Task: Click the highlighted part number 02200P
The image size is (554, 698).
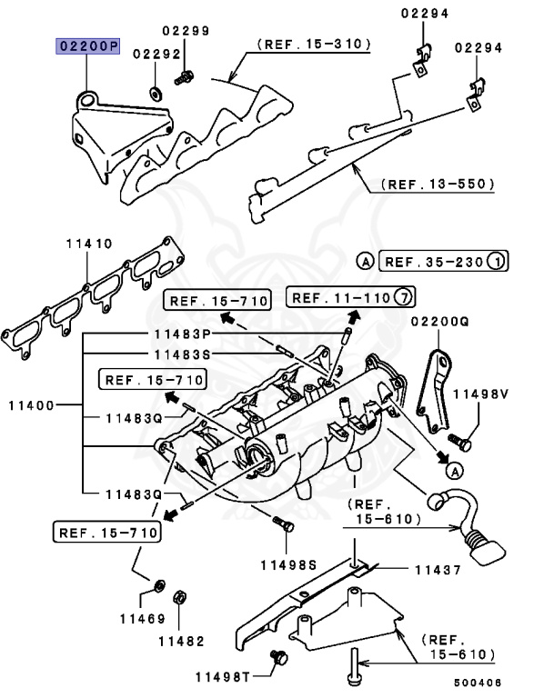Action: click(88, 46)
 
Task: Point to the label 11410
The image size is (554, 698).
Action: click(88, 244)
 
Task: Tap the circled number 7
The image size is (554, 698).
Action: click(407, 297)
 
